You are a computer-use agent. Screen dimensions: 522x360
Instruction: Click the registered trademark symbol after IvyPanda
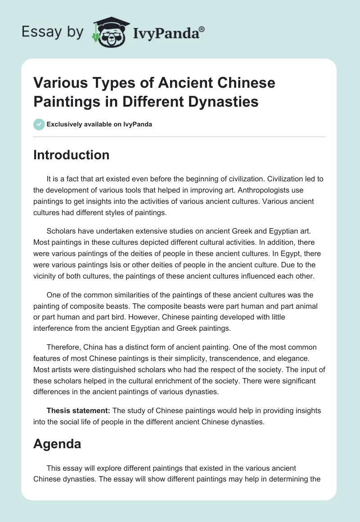click(202, 29)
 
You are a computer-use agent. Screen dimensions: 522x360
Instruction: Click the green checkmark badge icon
click(39, 124)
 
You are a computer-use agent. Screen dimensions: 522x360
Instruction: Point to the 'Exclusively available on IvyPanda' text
click(99, 124)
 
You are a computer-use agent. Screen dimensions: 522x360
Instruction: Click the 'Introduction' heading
click(72, 155)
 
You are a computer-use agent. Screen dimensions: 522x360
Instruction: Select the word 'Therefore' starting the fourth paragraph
click(64, 347)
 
